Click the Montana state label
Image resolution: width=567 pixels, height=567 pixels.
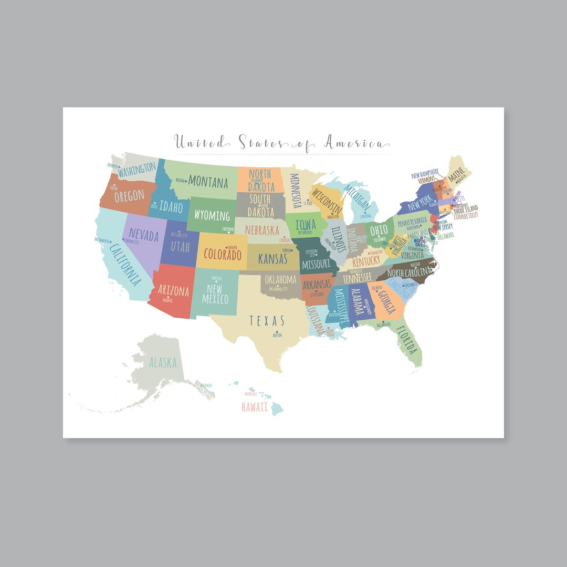[x=208, y=182]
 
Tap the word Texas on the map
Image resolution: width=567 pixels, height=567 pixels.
[x=267, y=320]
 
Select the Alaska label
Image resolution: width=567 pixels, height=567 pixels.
[x=163, y=362]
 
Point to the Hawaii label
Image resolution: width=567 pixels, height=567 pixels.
[x=255, y=407]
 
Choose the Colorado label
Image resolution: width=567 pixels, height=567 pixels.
[x=223, y=255]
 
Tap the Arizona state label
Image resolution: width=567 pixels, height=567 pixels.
[x=173, y=290]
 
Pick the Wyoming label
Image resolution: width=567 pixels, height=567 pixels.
[x=212, y=215]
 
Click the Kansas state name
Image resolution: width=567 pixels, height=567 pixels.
[x=272, y=259]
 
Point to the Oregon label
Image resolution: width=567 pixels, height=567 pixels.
[x=129, y=196]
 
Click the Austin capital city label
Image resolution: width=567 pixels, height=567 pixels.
[x=277, y=335]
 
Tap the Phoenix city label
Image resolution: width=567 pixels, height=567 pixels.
[x=168, y=301]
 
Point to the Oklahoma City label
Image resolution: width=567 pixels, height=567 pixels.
[x=278, y=289]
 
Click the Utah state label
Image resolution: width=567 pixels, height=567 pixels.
[x=180, y=246]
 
